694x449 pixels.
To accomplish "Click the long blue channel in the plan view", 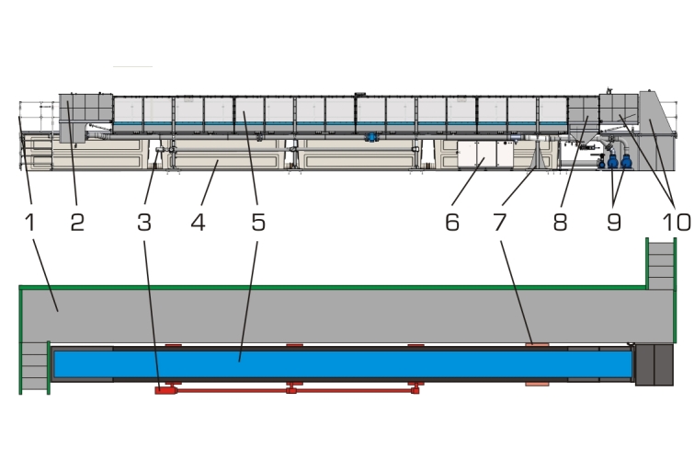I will pos(340,363).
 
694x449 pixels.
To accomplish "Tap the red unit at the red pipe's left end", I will pos(165,390).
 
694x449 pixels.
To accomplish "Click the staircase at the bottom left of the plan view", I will pos(33,367).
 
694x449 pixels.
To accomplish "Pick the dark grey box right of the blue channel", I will pos(654,363).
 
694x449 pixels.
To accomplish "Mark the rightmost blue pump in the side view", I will pos(627,160).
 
